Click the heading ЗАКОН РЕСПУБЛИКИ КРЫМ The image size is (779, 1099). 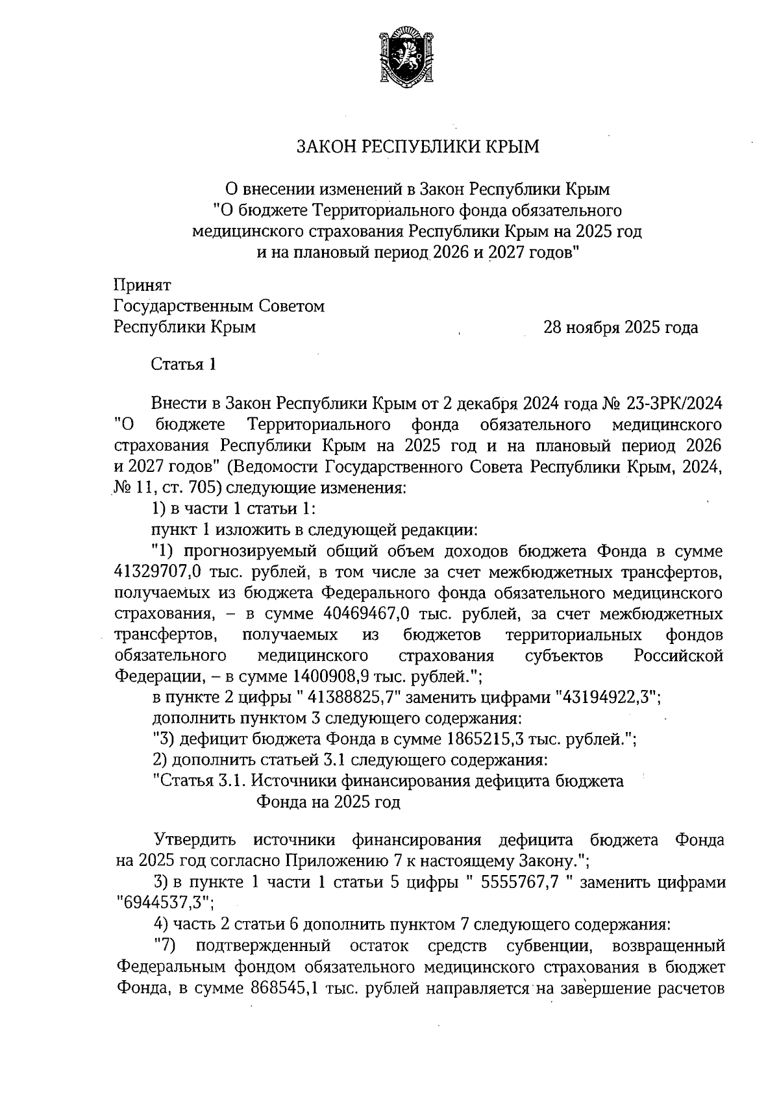(417, 147)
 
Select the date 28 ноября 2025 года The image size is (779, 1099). (621, 327)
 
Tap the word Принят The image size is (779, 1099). (142, 284)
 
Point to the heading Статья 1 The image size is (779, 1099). (183, 364)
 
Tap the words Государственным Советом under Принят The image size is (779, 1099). (219, 306)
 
